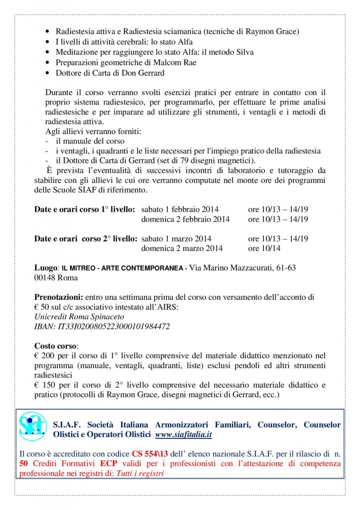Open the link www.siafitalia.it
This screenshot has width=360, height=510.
click(184, 434)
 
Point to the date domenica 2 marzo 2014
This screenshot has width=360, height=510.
click(182, 248)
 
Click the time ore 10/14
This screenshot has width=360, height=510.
click(264, 248)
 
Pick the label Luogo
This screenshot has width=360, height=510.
click(47, 268)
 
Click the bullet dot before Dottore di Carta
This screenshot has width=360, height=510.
click(47, 73)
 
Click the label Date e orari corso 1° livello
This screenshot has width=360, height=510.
click(85, 210)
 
